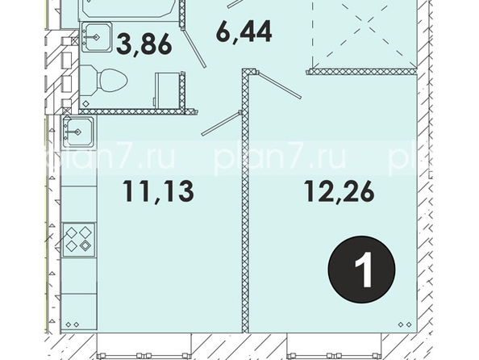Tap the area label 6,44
tap(244, 31)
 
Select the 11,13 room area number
tap(158, 191)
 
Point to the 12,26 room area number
tap(339, 191)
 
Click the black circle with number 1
tap(362, 269)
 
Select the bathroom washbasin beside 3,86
tap(96, 37)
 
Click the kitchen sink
tap(78, 132)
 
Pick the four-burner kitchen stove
tap(79, 240)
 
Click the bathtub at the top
tap(128, 10)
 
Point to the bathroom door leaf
tap(194, 48)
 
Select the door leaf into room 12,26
tap(278, 85)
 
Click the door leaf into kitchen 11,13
tap(222, 123)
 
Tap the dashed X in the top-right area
tap(364, 34)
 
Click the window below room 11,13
tap(144, 345)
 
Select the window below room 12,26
tap(334, 345)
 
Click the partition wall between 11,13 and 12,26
tap(245, 201)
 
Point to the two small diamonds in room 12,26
tap(405, 324)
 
